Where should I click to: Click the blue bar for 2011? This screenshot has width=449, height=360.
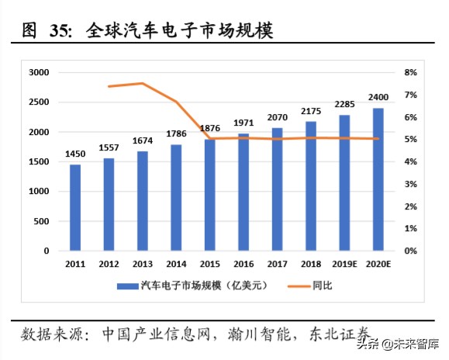[75, 207]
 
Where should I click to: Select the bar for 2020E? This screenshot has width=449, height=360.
[378, 179]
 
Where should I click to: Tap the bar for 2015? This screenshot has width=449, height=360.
[209, 195]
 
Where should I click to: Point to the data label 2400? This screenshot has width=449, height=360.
[378, 98]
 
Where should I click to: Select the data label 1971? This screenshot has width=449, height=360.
[243, 123]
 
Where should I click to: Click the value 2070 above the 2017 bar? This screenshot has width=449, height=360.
[277, 117]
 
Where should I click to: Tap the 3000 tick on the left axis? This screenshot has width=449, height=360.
[39, 72]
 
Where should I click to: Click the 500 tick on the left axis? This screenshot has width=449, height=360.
[41, 221]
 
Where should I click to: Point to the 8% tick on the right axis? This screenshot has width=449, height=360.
[410, 72]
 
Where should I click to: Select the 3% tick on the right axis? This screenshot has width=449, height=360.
[410, 184]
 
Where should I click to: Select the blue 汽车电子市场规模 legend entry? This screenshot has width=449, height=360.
[192, 286]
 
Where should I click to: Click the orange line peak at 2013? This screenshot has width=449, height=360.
[143, 83]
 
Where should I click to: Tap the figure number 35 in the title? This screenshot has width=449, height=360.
[60, 31]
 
